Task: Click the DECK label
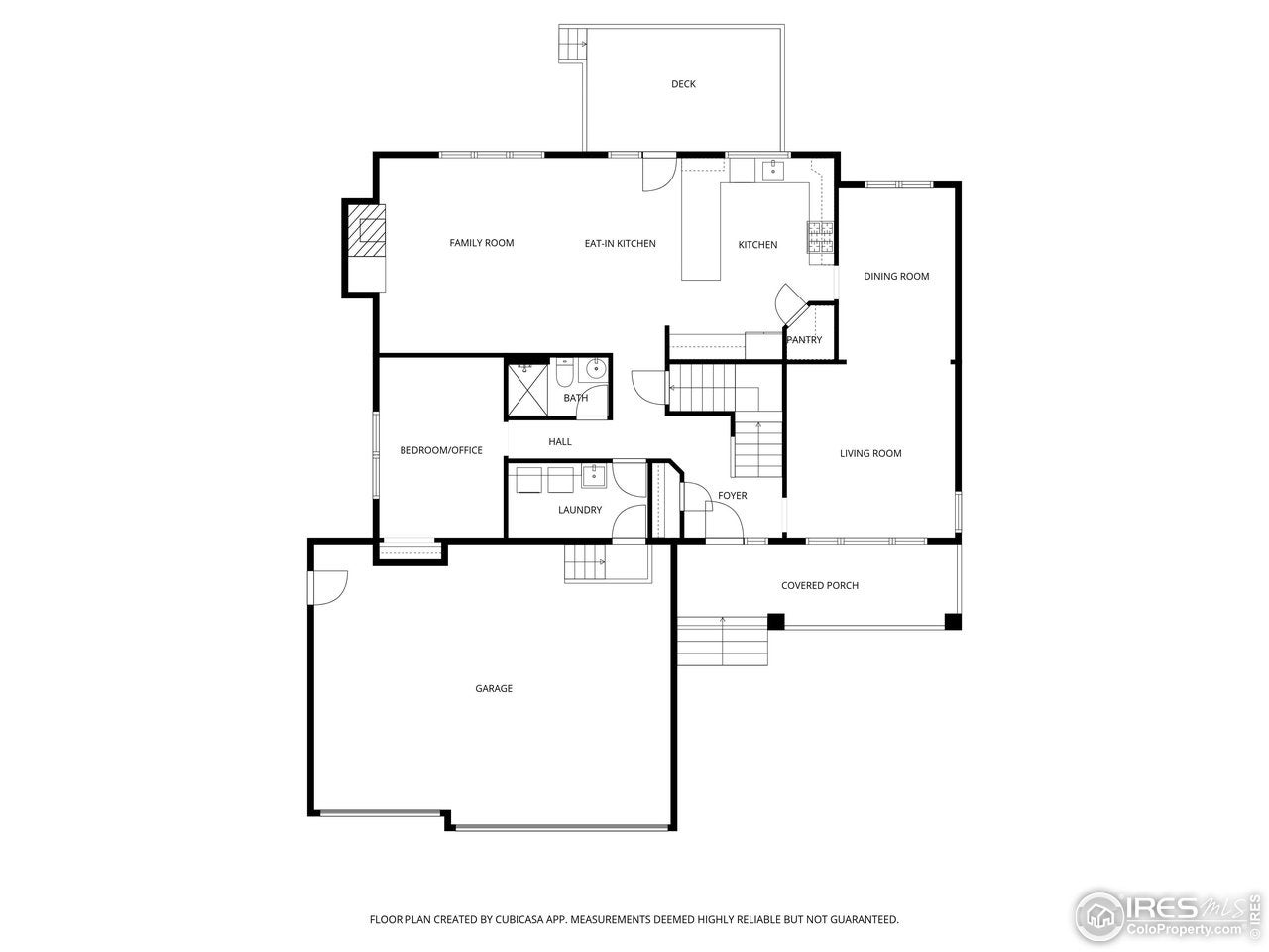(x=683, y=84)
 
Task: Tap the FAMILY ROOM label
(x=482, y=243)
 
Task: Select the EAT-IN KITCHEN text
(x=620, y=244)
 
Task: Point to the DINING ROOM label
(x=896, y=277)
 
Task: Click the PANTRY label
(x=804, y=340)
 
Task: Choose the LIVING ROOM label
(x=870, y=454)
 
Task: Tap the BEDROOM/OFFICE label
(x=441, y=450)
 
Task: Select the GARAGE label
(x=494, y=689)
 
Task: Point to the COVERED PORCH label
(x=820, y=586)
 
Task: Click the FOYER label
(x=733, y=496)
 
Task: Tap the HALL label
(x=560, y=442)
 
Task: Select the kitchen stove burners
(x=821, y=237)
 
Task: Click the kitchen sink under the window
(x=772, y=171)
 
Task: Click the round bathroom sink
(x=595, y=370)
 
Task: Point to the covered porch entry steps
(x=723, y=641)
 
